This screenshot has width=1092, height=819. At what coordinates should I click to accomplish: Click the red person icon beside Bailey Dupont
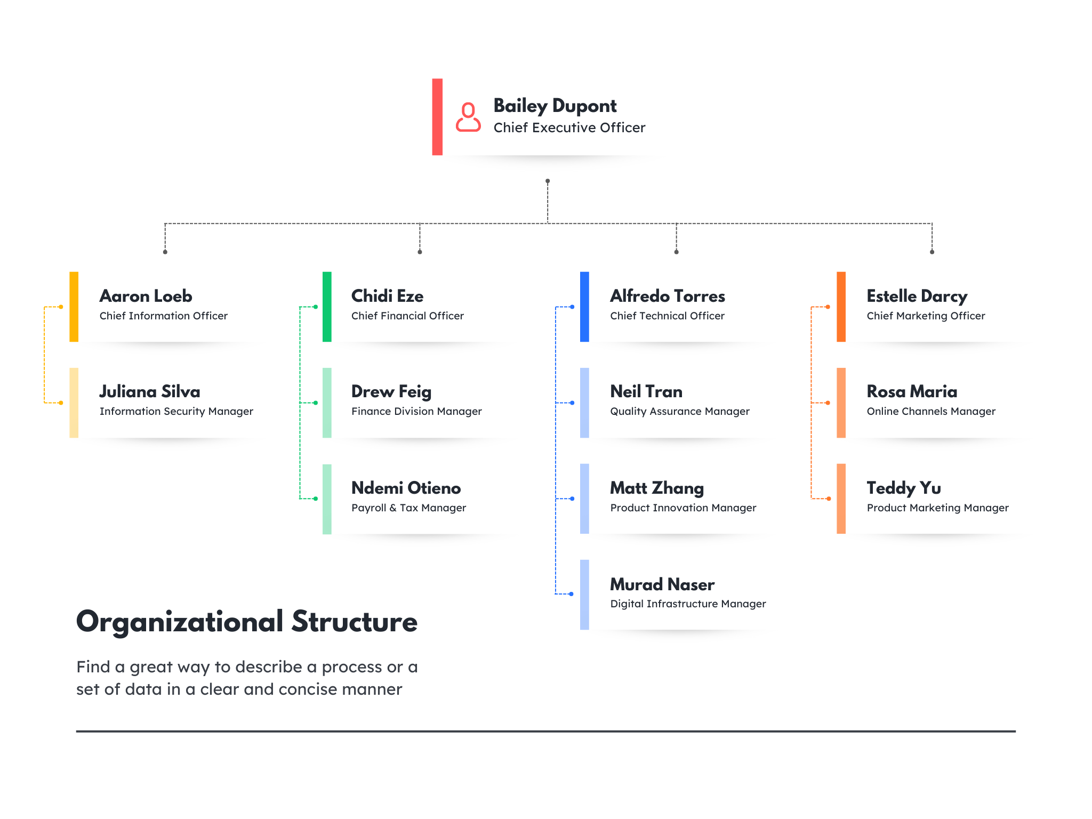click(468, 117)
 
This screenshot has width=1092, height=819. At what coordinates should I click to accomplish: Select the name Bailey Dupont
click(555, 106)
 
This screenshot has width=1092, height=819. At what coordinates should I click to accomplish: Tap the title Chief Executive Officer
click(569, 127)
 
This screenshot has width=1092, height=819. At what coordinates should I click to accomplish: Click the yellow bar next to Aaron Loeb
click(74, 307)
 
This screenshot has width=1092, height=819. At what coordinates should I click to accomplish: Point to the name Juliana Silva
click(150, 391)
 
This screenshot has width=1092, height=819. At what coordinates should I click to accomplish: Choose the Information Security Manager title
click(176, 411)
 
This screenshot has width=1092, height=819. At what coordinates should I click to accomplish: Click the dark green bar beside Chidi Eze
click(327, 307)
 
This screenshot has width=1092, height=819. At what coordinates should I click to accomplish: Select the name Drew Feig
click(391, 392)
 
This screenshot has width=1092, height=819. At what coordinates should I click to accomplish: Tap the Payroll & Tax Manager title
click(409, 508)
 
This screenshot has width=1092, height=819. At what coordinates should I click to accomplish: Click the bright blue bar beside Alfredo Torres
click(584, 307)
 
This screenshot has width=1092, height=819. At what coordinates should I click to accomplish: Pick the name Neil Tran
click(646, 391)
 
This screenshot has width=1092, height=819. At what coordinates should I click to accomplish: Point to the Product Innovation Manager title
click(684, 508)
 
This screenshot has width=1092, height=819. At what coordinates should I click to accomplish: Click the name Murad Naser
click(662, 584)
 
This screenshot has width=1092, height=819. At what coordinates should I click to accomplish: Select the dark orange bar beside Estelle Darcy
click(841, 307)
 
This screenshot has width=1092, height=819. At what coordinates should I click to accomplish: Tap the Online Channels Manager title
click(931, 411)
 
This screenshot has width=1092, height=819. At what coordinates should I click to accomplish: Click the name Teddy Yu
click(904, 488)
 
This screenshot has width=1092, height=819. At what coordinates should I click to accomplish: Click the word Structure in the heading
click(355, 622)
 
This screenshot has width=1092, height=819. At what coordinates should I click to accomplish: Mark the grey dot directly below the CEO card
click(548, 181)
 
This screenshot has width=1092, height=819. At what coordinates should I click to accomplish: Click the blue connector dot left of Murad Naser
click(572, 594)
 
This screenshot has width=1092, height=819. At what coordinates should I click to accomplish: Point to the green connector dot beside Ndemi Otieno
click(316, 499)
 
